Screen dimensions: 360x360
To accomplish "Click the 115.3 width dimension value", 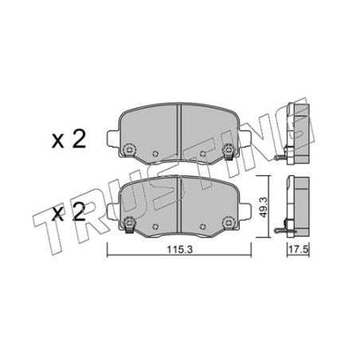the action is point(179,249).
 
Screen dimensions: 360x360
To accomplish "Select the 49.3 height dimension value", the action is point(263,207).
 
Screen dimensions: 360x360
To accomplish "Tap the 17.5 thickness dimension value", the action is point(299,249).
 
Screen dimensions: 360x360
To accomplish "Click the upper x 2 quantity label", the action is point(68,140).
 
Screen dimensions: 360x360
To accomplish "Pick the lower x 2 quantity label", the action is point(68,213).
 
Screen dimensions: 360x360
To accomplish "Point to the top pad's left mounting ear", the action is point(112,138).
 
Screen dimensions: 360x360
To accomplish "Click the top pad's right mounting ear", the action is point(245,138).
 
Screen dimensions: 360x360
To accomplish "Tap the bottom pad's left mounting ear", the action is point(112,211).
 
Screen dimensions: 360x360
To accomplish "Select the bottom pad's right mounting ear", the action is point(245,211).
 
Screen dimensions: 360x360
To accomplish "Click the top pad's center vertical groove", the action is point(179,132).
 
